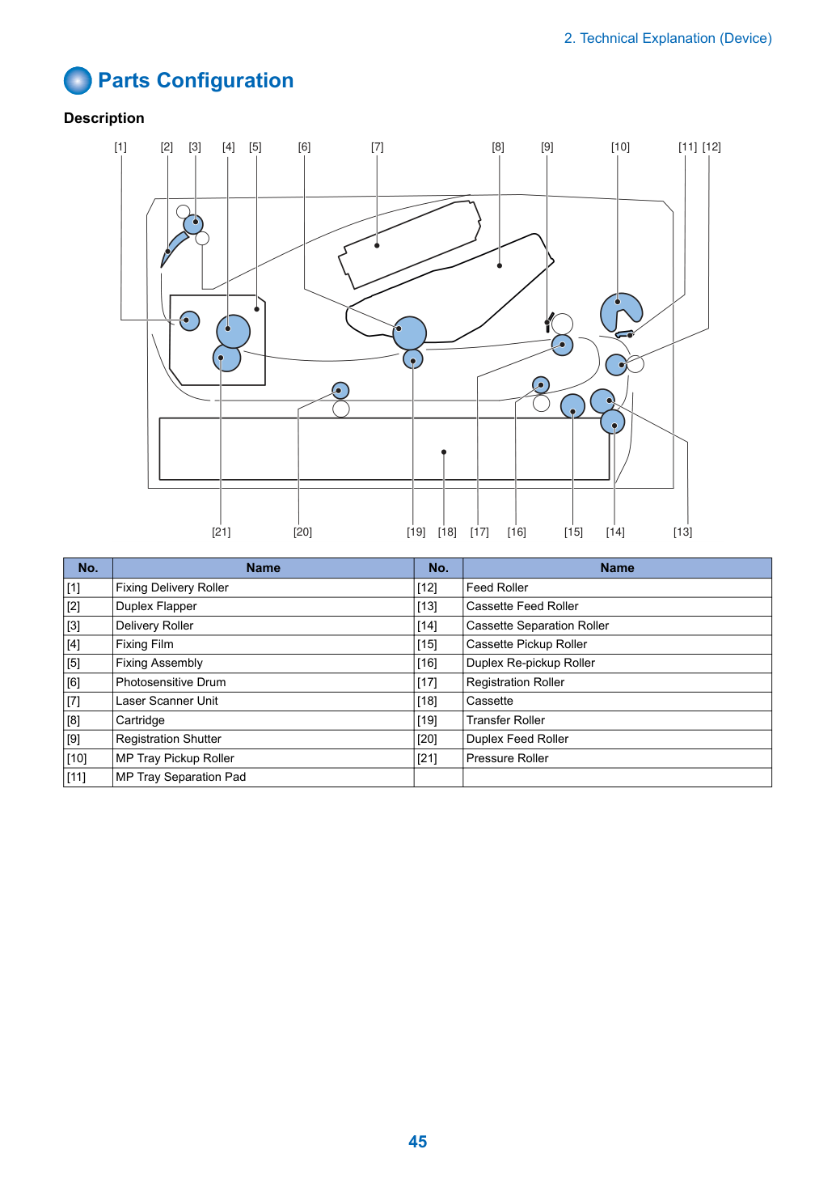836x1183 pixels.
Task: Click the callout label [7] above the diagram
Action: (377, 146)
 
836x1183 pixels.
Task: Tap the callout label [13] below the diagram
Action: (682, 532)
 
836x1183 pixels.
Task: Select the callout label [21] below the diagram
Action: (222, 532)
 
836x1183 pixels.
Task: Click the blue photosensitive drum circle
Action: (410, 333)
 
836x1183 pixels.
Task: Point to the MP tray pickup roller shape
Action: (618, 309)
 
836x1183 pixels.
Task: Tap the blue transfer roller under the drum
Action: (412, 359)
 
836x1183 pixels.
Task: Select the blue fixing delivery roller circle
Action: (189, 320)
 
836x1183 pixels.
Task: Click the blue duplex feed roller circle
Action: (340, 391)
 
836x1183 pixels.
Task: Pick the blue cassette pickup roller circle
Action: (572, 407)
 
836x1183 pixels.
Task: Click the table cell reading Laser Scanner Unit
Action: (264, 701)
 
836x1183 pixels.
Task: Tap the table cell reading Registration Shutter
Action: (264, 739)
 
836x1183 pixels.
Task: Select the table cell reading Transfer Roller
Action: (617, 720)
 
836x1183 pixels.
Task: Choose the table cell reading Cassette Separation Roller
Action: (617, 625)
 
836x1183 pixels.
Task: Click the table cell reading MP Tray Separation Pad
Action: (264, 777)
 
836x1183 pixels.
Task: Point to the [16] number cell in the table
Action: (438, 663)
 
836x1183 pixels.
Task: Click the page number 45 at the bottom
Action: (417, 1142)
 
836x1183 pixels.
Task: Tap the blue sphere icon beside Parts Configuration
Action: (78, 80)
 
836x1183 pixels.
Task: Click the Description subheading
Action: (104, 118)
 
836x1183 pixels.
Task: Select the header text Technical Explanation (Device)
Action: (676, 38)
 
